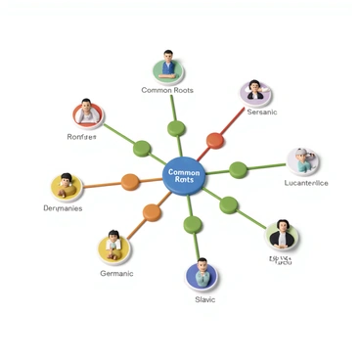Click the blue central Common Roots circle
pyautogui.click(x=183, y=176)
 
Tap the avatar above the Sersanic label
pyautogui.click(x=255, y=93)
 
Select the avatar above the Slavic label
pyautogui.click(x=202, y=275)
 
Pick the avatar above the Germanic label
pyautogui.click(x=113, y=247)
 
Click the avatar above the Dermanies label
pyautogui.click(x=66, y=185)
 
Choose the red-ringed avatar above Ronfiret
pyautogui.click(x=87, y=113)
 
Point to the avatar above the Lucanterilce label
pyautogui.click(x=302, y=160)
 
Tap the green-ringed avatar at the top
pyautogui.click(x=168, y=67)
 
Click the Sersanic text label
pyautogui.click(x=262, y=112)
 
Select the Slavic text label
pyautogui.click(x=205, y=300)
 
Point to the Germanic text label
pyautogui.click(x=116, y=274)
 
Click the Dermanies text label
pyautogui.click(x=63, y=208)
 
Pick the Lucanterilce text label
pyautogui.click(x=306, y=183)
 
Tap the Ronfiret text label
pyautogui.click(x=82, y=137)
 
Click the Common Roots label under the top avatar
pyautogui.click(x=167, y=90)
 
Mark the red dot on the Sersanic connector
pyautogui.click(x=215, y=140)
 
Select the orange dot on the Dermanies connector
pyautogui.click(x=130, y=181)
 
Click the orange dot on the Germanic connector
pyautogui.click(x=152, y=212)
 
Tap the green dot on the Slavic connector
pyautogui.click(x=194, y=224)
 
